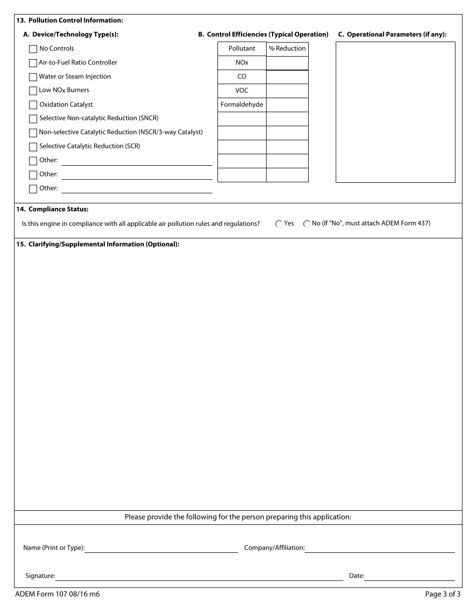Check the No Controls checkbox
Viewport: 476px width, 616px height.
click(33, 49)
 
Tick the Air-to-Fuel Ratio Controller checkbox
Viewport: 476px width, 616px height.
click(33, 63)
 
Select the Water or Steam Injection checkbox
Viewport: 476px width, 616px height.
click(33, 77)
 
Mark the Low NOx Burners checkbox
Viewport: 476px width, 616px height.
click(33, 91)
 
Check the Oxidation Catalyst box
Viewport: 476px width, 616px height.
click(33, 105)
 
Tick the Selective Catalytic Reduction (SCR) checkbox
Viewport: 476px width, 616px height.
click(33, 147)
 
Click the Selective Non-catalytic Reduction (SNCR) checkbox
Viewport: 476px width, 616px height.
click(33, 119)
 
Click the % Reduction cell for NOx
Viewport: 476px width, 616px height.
click(287, 63)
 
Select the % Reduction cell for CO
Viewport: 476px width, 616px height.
click(287, 77)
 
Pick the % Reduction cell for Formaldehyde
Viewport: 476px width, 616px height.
click(287, 105)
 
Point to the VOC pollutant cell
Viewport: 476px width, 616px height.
click(242, 91)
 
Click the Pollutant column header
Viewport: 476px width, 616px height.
click(242, 49)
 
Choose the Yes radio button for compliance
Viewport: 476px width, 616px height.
click(279, 224)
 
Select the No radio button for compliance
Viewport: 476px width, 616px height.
click(307, 224)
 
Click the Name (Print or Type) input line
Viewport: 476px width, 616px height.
click(161, 548)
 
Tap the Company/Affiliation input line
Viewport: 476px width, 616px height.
click(379, 548)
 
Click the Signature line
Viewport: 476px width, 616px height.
click(199, 576)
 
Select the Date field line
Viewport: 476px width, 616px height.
click(409, 576)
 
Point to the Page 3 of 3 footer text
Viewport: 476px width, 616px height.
click(442, 594)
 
